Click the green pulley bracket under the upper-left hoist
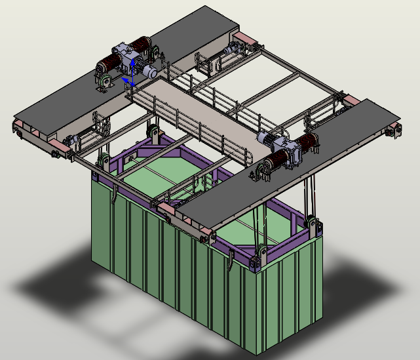click(104, 82)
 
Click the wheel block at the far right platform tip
click(394, 129)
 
